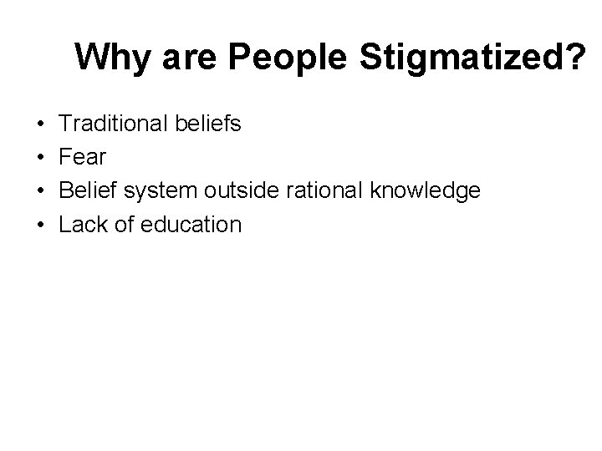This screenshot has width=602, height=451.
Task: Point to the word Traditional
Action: point(115,124)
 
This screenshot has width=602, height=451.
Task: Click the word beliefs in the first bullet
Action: point(208,124)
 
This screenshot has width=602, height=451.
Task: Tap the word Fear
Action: point(82,158)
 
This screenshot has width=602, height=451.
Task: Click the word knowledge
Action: point(424,191)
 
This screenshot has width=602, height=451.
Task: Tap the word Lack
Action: point(84,225)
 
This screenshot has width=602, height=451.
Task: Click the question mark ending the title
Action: point(575,58)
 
